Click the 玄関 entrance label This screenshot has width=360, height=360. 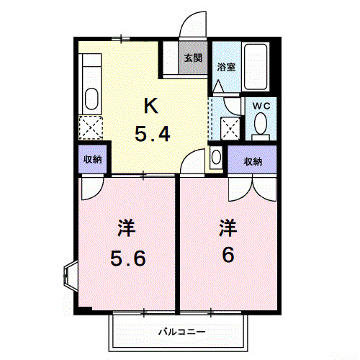tap(192, 58)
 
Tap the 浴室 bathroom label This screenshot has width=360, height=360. tap(226, 67)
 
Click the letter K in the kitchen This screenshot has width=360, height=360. tap(150, 107)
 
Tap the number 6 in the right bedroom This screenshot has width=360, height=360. tap(228, 255)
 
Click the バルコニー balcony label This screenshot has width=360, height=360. tap(181, 333)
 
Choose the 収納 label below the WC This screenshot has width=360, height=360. tap(252, 161)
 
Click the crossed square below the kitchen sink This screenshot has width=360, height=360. tap(91, 127)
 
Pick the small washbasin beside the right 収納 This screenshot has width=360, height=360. tap(217, 158)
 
